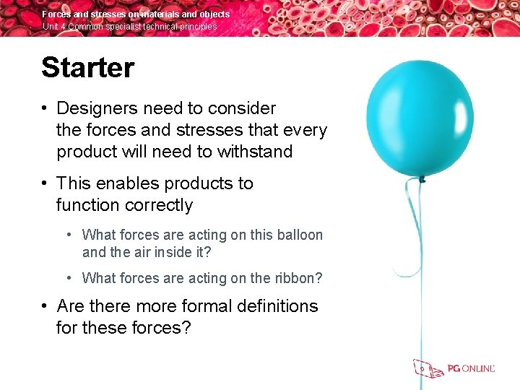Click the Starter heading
tap(87, 68)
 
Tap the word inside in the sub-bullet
tap(176, 253)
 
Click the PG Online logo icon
tap(428, 368)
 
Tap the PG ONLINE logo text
tap(471, 369)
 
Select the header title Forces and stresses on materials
tap(136, 14)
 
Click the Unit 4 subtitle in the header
tap(129, 27)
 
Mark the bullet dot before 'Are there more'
tap(45, 306)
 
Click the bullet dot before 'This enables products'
tap(45, 183)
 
